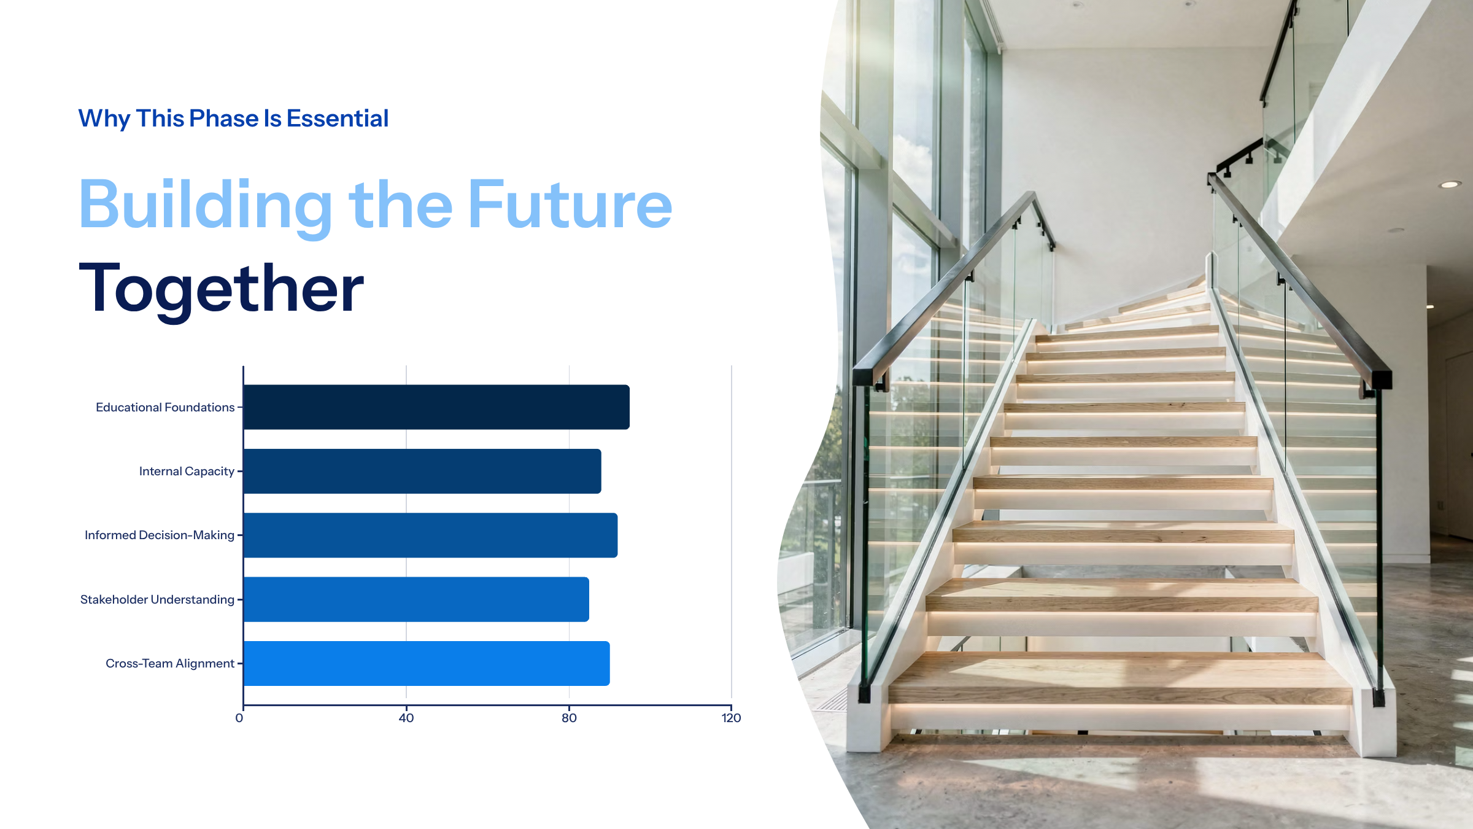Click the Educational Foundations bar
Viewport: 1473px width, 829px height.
(436, 407)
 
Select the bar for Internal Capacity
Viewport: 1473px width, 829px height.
(422, 471)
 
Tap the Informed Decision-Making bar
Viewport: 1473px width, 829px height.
(430, 535)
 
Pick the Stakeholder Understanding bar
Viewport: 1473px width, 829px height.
(416, 599)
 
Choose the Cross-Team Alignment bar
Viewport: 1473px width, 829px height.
(427, 663)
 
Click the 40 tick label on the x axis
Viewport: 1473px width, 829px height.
(406, 718)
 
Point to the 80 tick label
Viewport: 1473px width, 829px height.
(569, 718)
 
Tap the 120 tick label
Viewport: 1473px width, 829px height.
(732, 718)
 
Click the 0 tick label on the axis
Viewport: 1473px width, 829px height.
(239, 718)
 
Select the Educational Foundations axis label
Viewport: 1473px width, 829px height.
(165, 407)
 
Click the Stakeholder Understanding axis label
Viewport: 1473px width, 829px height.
(157, 599)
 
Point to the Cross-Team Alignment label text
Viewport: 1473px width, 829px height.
(170, 663)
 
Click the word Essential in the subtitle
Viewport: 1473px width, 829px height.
(338, 119)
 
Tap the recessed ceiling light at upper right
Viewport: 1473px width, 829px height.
(1450, 184)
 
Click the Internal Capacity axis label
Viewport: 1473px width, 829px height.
(187, 471)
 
